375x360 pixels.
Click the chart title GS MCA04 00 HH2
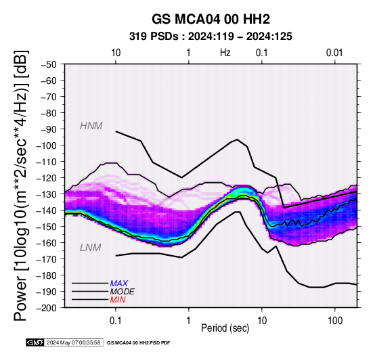point(211,19)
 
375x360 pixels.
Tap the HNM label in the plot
point(91,126)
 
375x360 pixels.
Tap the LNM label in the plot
point(91,248)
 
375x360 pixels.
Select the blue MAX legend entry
point(119,284)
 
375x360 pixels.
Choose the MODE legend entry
point(123,292)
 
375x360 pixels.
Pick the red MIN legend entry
point(118,300)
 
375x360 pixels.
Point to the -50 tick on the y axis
point(49,64)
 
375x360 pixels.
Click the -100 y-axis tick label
point(47,145)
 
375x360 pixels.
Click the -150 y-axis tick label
point(47,227)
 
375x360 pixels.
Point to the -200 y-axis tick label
point(47,308)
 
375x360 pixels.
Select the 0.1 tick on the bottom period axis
point(116,321)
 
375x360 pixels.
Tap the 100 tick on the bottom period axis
point(335,321)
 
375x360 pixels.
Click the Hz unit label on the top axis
point(225,53)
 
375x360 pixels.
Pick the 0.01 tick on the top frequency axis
point(334,53)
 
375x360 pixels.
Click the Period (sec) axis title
point(225,328)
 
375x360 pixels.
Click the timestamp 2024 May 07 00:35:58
point(73,342)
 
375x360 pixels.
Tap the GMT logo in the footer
point(35,342)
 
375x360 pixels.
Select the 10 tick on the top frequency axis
point(116,53)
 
